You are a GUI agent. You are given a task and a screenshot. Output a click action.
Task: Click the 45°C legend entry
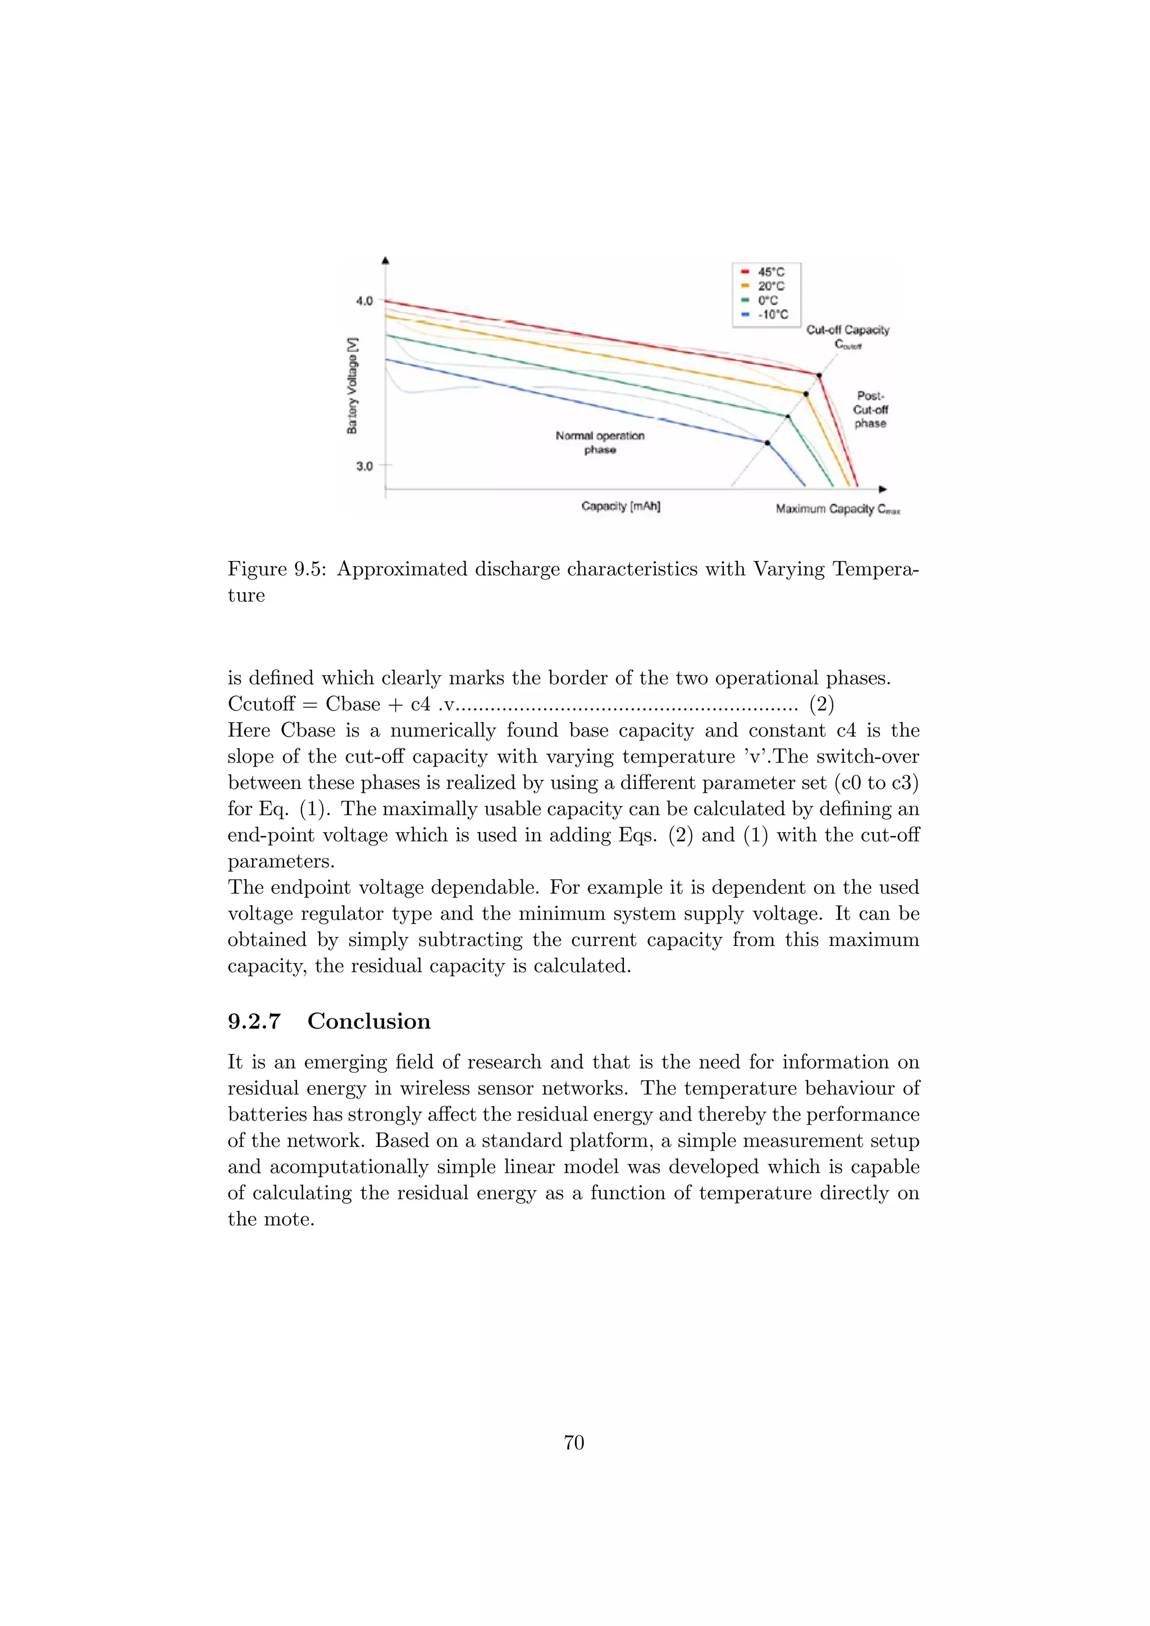[x=763, y=272]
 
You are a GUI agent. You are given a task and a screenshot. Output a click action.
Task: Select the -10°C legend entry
[x=765, y=314]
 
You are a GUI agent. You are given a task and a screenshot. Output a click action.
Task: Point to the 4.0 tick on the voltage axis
[x=364, y=301]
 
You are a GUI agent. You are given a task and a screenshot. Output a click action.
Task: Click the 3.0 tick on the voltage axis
[x=364, y=466]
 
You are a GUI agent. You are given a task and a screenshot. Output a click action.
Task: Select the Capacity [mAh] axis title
[x=620, y=506]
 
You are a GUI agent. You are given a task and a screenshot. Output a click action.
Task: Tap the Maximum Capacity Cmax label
[x=837, y=509]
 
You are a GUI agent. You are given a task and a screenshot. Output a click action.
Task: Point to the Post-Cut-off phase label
[x=870, y=409]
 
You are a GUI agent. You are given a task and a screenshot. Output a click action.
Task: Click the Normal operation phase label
[x=600, y=442]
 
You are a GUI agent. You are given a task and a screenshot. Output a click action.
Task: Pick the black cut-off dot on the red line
[x=819, y=376]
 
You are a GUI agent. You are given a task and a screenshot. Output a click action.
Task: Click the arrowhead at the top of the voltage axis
[x=385, y=261]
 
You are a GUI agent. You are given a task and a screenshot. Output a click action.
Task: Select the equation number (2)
[x=822, y=704]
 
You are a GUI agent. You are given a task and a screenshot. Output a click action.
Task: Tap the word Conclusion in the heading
[x=368, y=1021]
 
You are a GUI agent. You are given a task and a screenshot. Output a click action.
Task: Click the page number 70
[x=573, y=1442]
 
